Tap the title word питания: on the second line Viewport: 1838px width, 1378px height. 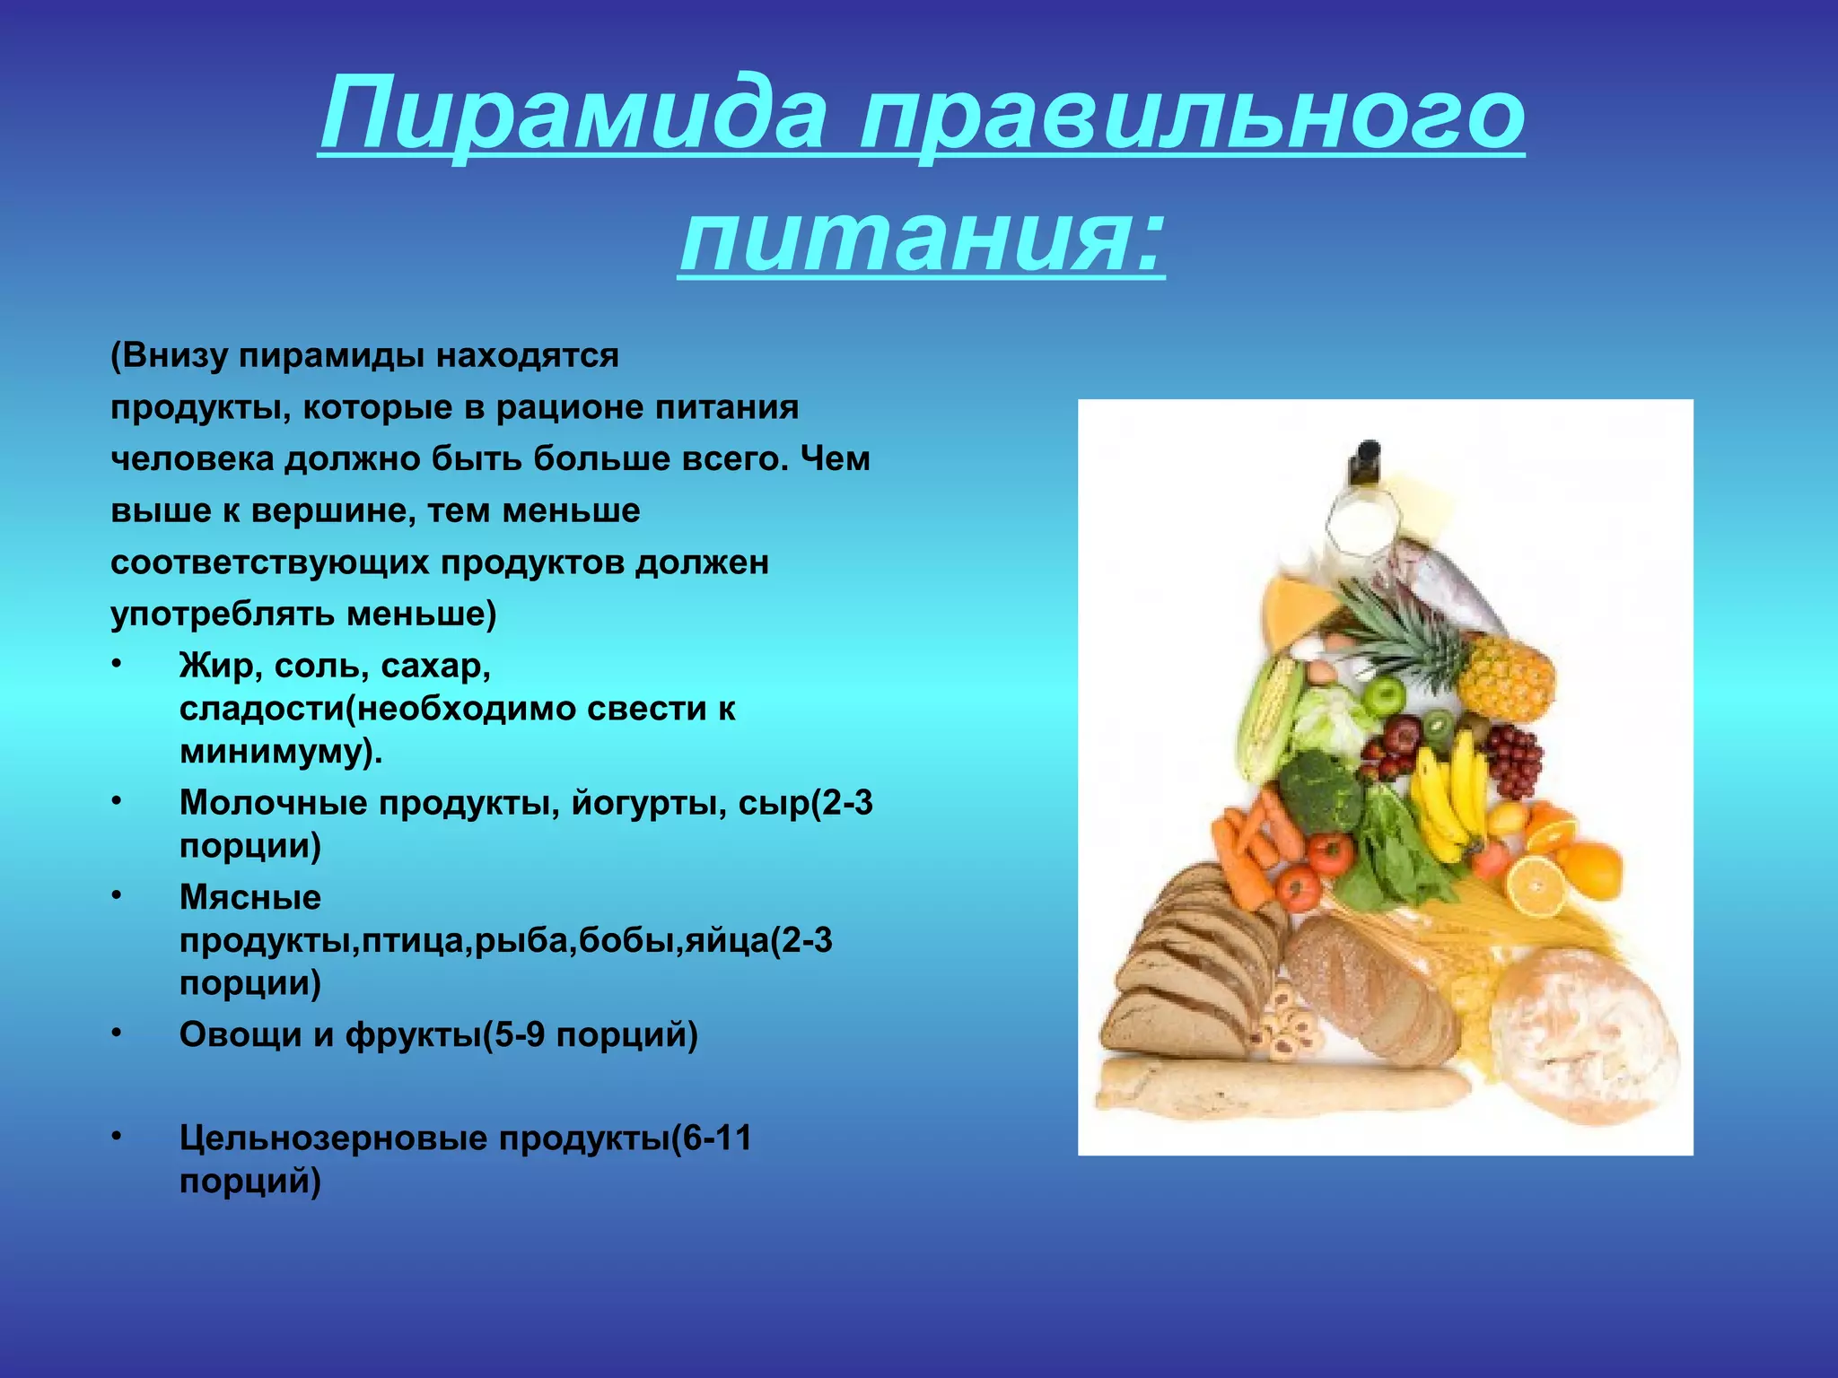click(x=922, y=235)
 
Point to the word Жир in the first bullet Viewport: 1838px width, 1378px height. click(x=218, y=666)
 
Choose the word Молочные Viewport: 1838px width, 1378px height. click(x=273, y=802)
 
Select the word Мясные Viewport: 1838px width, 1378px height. click(x=250, y=897)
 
